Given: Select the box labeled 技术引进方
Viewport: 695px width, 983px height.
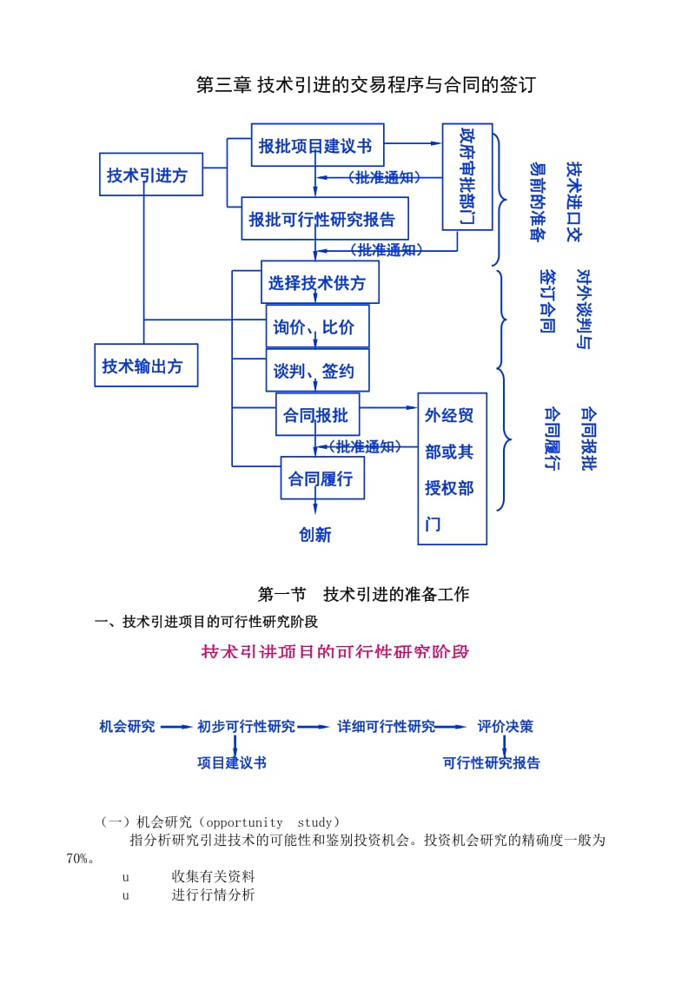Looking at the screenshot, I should pos(150,175).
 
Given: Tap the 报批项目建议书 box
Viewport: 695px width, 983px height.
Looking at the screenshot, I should pos(317,145).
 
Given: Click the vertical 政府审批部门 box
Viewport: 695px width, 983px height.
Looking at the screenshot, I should pos(467,177).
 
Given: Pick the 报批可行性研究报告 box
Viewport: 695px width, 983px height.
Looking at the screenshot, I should pos(324,219).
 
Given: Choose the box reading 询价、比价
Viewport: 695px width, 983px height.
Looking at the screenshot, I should pos(317,327).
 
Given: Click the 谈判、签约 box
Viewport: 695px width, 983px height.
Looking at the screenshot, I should pos(317,371).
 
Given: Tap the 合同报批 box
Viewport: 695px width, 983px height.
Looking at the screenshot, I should pos(317,415).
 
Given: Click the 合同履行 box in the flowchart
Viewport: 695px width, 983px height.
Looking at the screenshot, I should pos(321,478).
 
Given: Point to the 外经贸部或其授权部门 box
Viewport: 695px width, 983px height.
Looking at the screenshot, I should pos(452,469).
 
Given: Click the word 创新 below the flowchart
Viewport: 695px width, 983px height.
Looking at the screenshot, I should pos(315,535).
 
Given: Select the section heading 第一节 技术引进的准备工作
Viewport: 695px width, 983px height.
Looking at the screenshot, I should pos(364,594).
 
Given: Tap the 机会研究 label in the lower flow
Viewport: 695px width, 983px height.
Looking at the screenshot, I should pos(127,727).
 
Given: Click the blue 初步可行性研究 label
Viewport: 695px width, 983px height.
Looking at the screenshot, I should pos(246,727).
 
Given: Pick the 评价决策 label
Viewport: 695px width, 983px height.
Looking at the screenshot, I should pos(506,727).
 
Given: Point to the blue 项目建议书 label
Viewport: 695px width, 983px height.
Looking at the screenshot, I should pos(231,762).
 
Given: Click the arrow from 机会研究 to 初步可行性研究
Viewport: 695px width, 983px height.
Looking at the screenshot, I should pos(176,727).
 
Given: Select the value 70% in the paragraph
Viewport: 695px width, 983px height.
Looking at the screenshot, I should pos(77,859).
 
